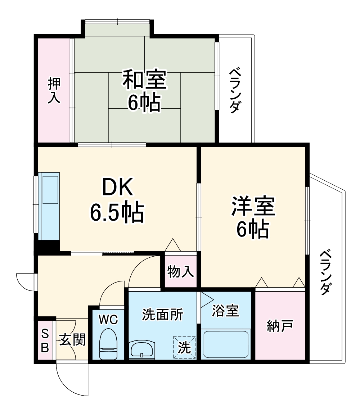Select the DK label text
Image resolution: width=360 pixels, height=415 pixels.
click(117, 187)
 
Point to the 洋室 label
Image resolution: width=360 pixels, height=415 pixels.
click(253, 206)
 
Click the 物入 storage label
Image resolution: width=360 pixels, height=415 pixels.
click(181, 272)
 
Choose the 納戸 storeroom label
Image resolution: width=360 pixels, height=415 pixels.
click(279, 326)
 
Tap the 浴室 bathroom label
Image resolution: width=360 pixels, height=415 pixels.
click(225, 311)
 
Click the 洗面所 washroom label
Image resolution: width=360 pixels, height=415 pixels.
click(162, 315)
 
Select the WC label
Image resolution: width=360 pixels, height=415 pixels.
click(108, 319)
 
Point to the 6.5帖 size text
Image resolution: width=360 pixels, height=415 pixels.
click(117, 212)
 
